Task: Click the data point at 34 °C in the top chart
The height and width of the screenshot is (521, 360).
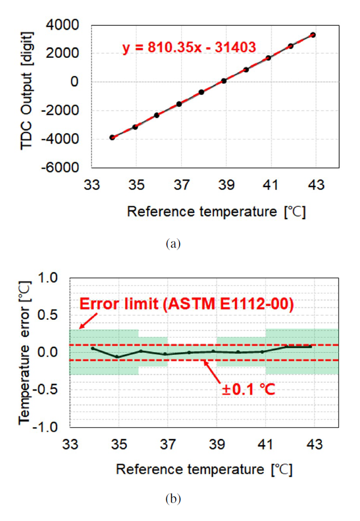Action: click(x=112, y=137)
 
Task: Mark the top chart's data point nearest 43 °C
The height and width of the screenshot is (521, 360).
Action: click(x=313, y=35)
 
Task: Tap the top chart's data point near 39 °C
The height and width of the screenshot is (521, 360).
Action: click(x=224, y=81)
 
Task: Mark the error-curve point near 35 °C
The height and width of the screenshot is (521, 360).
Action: click(x=117, y=357)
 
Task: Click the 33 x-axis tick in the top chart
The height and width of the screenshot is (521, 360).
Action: click(x=92, y=184)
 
